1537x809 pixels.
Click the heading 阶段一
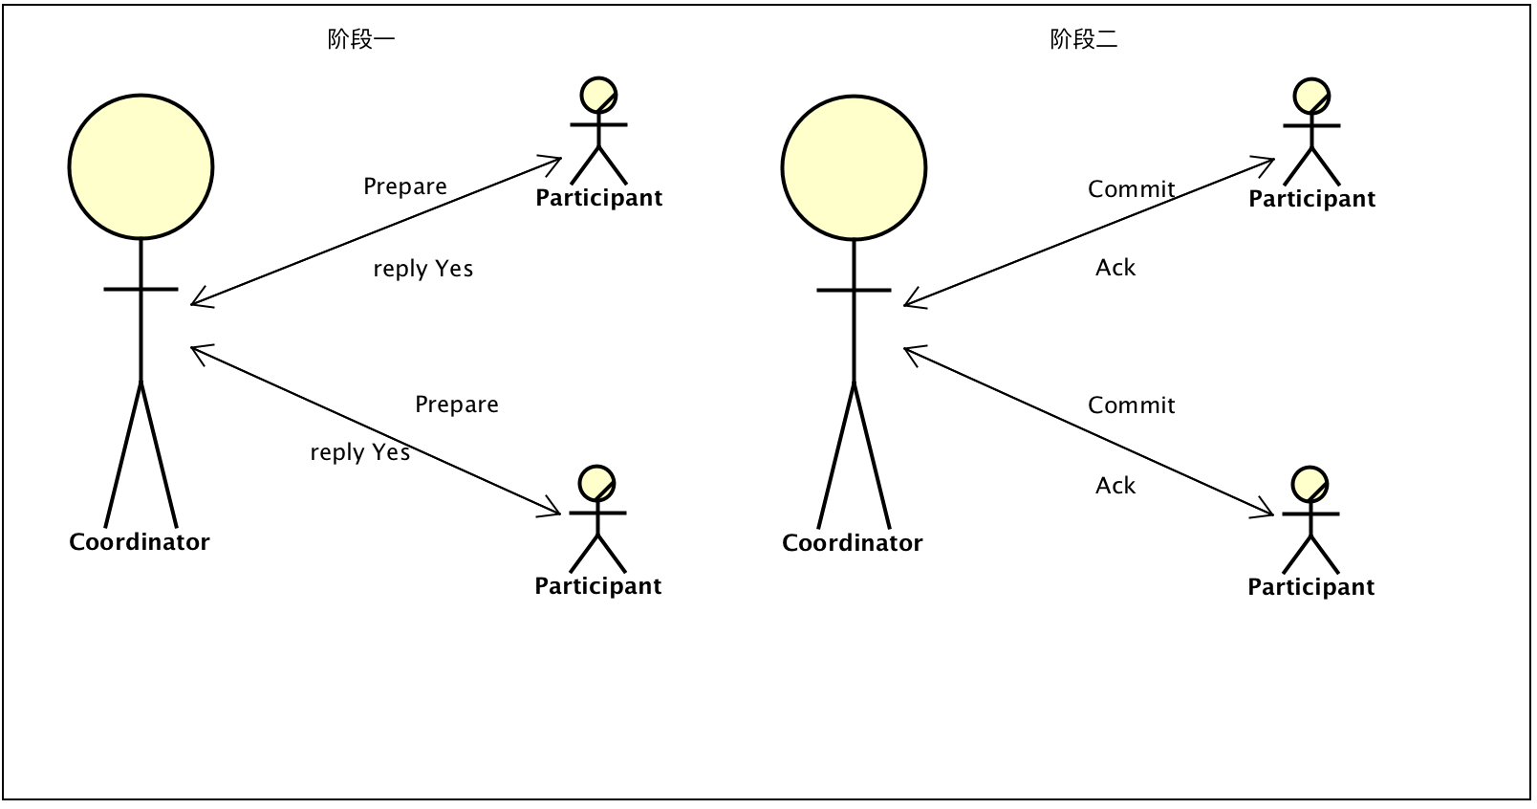coord(360,39)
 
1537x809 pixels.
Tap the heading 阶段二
coord(1083,39)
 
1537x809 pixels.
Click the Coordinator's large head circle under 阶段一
coord(141,166)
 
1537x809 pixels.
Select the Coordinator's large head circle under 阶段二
coord(854,167)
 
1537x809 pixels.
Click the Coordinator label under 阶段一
coord(140,542)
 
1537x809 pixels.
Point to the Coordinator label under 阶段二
coord(853,543)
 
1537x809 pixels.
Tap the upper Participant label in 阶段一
coord(598,198)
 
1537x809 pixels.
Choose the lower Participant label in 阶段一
coord(597,586)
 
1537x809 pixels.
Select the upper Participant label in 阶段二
coord(1311,199)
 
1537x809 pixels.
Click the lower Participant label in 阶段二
coord(1310,587)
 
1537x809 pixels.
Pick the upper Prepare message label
coord(405,186)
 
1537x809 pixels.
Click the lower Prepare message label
coord(457,404)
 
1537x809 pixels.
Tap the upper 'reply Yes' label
coord(423,269)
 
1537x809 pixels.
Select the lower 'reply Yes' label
coord(360,452)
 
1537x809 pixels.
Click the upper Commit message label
coord(1132,189)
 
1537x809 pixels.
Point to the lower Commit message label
coord(1132,405)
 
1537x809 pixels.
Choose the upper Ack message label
coord(1115,268)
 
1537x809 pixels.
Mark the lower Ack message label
coord(1115,486)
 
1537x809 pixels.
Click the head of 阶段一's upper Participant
coord(599,96)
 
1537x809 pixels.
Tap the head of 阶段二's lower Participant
coord(1310,485)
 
